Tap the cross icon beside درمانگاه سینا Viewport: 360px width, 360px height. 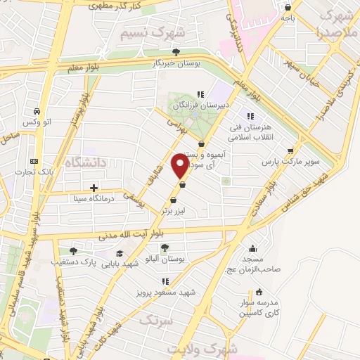tap(94, 188)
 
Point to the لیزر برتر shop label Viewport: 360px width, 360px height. tap(176, 210)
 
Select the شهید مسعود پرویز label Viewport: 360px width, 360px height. tap(165, 292)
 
